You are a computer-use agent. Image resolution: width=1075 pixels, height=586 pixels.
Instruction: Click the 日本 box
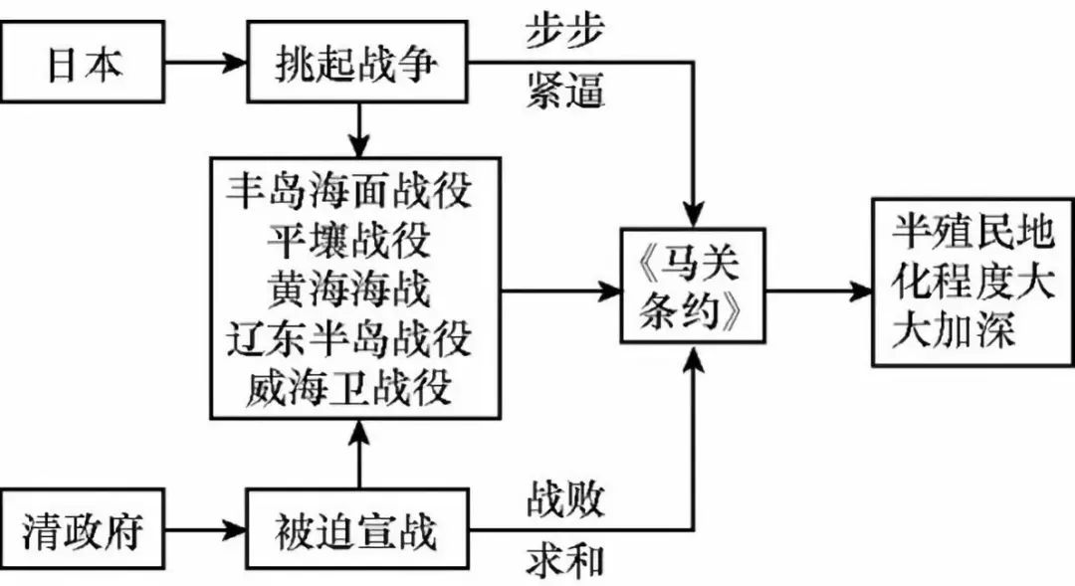pos(86,64)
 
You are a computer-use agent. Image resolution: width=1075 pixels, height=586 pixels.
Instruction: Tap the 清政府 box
pos(86,530)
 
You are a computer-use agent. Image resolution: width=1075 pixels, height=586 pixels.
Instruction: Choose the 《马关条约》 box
pos(694,289)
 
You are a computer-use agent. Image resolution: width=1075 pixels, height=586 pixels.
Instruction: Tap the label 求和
pos(564,561)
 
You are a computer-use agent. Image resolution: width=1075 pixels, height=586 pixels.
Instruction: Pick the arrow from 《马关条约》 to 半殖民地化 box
pos(816,292)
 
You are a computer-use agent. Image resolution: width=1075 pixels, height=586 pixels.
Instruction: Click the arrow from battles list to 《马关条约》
pos(562,292)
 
